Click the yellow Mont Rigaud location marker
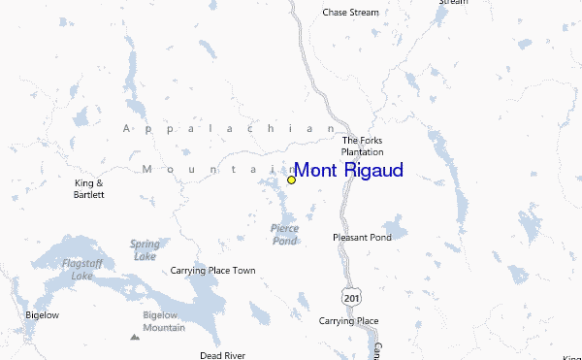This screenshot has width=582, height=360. pos(291,180)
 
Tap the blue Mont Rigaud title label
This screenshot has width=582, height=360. pos(348,171)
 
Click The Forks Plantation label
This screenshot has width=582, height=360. pos(363,146)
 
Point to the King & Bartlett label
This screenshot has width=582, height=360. pos(89,188)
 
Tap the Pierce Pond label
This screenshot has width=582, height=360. pos(284,234)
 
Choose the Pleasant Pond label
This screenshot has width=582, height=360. pos(362,237)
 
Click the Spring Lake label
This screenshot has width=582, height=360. pos(145,250)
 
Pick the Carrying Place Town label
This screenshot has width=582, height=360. pos(213,271)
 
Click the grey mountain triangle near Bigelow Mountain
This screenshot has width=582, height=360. pos(134,338)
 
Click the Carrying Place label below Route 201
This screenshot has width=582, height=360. pos(348,320)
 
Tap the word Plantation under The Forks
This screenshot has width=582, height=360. pos(363,152)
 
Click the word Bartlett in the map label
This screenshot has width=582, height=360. pos(89,195)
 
